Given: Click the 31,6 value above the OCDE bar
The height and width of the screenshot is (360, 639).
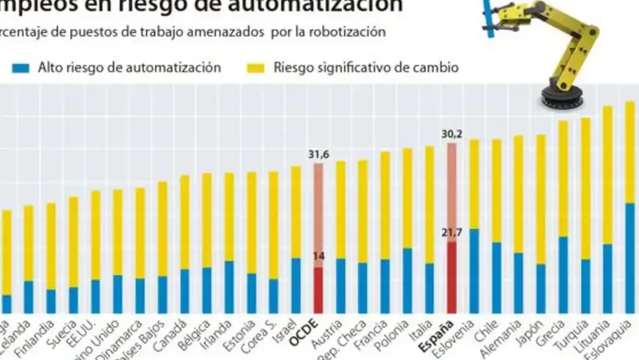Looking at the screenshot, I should point(319,154).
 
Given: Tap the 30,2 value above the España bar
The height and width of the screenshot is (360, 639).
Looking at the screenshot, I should point(452,134).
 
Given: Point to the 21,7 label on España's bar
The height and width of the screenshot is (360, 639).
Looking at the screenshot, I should point(452,233).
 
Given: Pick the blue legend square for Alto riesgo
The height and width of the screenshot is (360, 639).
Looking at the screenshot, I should point(22,68).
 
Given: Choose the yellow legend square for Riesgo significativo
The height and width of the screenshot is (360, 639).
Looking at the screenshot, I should point(256,68).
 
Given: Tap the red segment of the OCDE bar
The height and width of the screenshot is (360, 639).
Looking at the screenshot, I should point(319,290).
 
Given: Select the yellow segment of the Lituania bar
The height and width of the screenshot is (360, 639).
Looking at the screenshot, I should point(607,175).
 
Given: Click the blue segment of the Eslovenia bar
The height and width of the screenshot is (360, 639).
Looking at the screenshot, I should point(474,270).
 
